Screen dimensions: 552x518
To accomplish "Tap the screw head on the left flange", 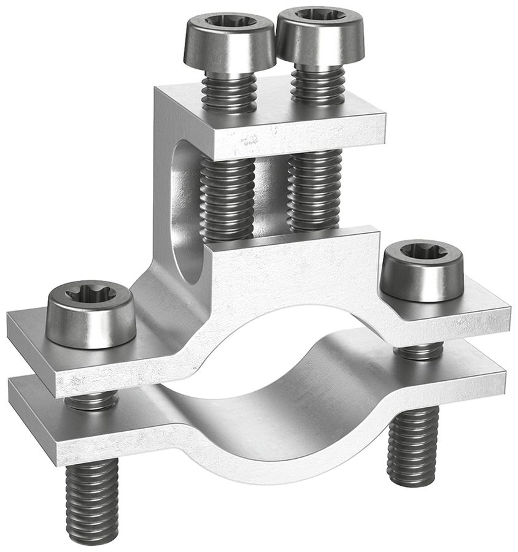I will (91, 316).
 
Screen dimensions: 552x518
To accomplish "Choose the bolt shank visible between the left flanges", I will (92, 400).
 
